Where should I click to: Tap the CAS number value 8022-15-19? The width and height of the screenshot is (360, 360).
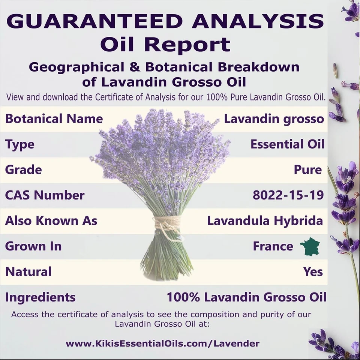pos(288,195)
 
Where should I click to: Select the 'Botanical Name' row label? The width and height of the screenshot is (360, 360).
pos(54,119)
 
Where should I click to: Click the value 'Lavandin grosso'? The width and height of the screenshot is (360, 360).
pos(274,119)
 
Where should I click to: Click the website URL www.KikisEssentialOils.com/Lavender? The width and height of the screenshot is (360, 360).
pos(162,343)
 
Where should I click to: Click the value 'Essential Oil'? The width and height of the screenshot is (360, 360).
pos(287,144)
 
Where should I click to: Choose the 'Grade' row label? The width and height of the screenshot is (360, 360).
pos(23,170)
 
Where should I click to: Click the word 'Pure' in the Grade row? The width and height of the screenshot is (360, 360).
pos(307,170)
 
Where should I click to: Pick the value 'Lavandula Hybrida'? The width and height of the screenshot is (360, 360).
pos(265,221)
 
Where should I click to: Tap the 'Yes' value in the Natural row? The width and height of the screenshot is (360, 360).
pos(313,271)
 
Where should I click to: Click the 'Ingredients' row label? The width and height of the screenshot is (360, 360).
pos(40,297)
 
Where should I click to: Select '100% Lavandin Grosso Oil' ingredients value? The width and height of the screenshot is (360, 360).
pos(246,297)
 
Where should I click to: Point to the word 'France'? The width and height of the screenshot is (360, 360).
pos(273,246)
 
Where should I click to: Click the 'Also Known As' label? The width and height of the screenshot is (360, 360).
pos(51,221)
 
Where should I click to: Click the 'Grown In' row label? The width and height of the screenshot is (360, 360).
pos(33,246)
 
